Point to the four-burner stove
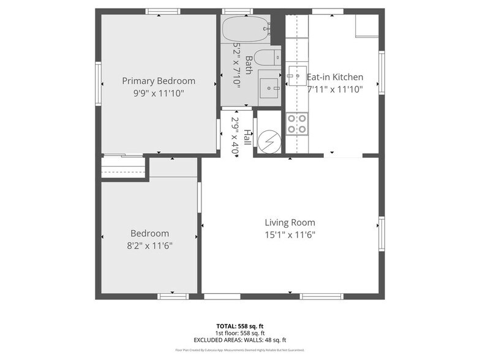pos(297,124)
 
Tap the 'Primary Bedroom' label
pos(159,81)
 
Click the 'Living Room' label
pos(290,223)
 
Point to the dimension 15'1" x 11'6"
pos(290,234)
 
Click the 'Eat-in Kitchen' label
pos(335,77)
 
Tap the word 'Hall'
pos(247,137)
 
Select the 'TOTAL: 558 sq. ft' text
pos(240,326)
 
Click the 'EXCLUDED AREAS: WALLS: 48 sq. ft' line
pos(240,340)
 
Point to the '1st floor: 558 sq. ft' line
pos(240,333)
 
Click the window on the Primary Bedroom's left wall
pos(98,83)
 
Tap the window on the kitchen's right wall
pos(381,72)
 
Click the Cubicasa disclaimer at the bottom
pos(240,350)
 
